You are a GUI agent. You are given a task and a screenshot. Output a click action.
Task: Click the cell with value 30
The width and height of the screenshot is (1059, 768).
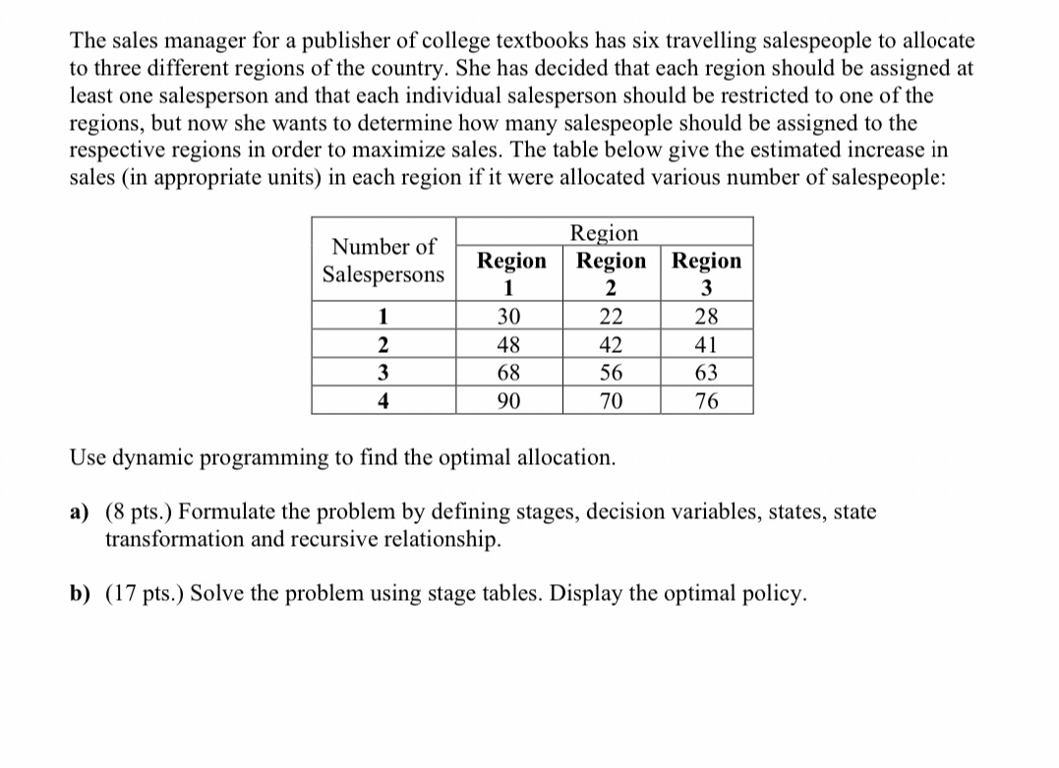point(509,317)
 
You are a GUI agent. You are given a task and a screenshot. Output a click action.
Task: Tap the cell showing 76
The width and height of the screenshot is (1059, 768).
point(706,401)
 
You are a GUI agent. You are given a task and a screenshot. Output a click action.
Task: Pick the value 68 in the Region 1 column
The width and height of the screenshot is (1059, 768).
point(509,374)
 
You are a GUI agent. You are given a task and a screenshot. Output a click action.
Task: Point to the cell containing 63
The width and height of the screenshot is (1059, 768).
point(706,374)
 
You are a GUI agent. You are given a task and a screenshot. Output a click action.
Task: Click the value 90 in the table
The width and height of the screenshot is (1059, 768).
point(509,401)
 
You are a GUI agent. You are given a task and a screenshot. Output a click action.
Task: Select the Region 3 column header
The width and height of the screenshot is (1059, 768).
point(707,272)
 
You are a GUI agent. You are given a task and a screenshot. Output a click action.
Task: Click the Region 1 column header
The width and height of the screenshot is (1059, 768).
point(511,272)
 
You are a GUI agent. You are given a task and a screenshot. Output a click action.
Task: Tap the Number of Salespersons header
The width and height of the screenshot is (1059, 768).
point(383,261)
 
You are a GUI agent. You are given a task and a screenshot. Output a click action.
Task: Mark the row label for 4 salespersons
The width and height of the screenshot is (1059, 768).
point(382,401)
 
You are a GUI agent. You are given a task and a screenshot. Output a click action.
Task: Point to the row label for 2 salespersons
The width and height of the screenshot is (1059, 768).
point(382,345)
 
